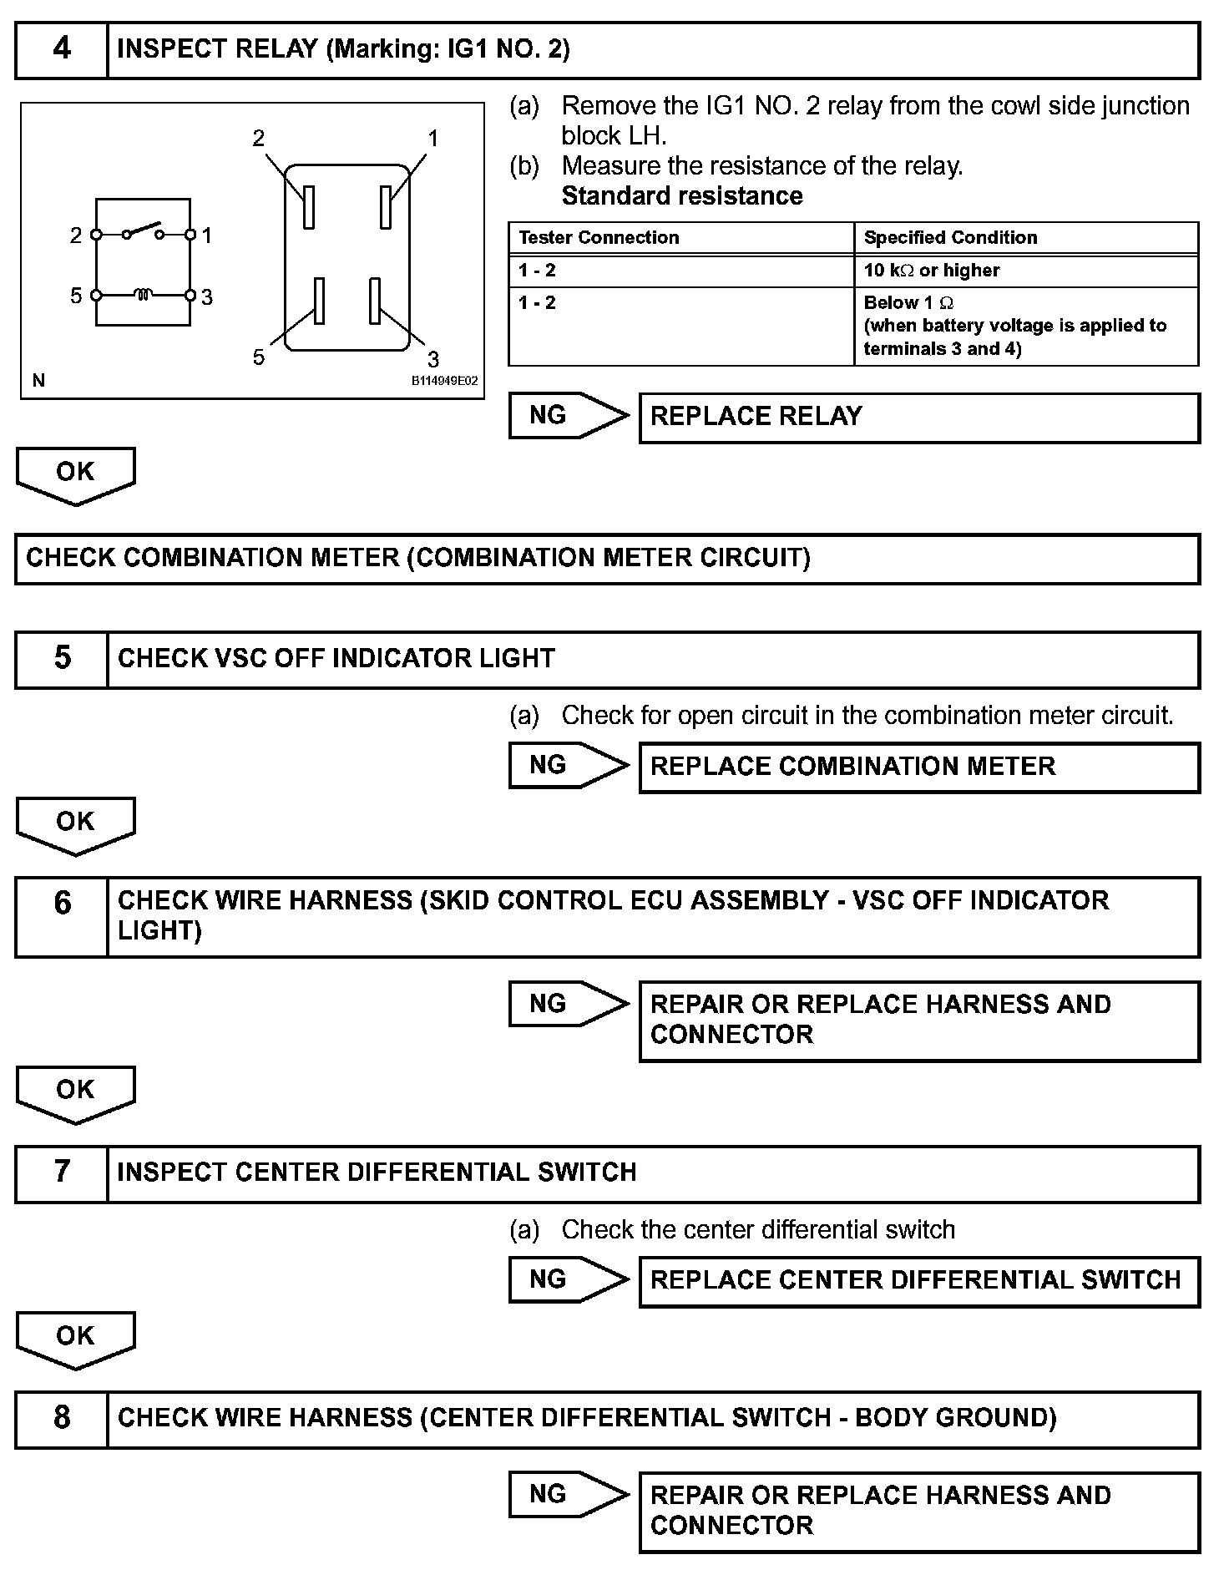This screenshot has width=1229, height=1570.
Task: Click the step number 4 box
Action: [62, 50]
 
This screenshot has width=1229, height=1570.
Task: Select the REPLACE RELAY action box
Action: [918, 418]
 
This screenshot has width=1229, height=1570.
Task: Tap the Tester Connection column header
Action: [599, 238]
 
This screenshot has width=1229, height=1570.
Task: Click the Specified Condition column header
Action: [950, 238]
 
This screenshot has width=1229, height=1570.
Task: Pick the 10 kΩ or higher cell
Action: [931, 271]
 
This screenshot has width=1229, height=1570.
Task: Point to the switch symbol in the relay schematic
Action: [143, 231]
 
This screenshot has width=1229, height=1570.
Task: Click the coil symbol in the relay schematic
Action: [143, 295]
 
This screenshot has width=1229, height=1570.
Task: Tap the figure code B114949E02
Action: [444, 381]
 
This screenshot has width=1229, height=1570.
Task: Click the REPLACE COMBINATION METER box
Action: [918, 767]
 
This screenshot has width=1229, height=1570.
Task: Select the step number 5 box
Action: [62, 659]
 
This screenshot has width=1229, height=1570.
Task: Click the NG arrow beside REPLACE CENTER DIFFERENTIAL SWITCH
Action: [568, 1279]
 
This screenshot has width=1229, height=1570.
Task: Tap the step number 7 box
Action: [62, 1172]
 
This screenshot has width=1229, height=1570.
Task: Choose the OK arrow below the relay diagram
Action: [75, 474]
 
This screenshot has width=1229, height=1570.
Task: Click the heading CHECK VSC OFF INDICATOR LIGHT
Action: [336, 659]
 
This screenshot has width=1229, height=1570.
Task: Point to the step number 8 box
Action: [62, 1418]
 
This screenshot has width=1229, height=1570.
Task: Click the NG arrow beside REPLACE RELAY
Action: [568, 416]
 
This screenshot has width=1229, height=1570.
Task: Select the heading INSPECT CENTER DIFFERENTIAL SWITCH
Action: [377, 1172]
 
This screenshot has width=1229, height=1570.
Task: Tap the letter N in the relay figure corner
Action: [38, 381]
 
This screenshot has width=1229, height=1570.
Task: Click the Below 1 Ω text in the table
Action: [908, 303]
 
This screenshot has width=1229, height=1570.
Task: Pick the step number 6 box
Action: [62, 916]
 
